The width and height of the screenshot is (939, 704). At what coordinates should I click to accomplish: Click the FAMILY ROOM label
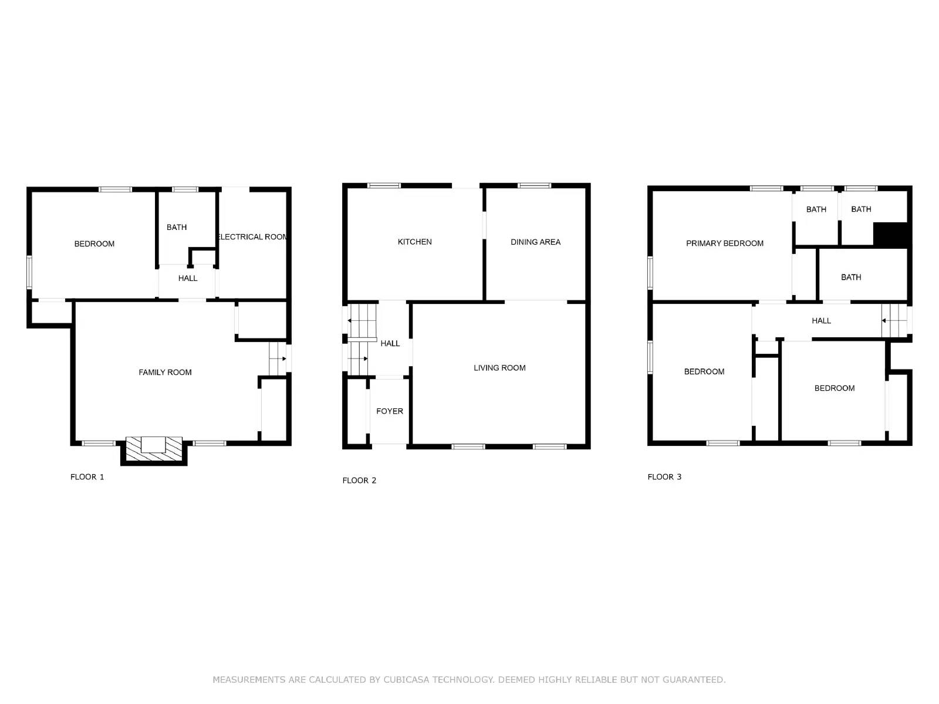(x=165, y=372)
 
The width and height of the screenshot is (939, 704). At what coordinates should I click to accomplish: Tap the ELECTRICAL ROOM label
(x=252, y=236)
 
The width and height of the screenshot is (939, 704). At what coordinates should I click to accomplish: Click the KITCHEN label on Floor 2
(x=414, y=242)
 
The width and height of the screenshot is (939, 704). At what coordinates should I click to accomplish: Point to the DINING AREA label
(x=535, y=242)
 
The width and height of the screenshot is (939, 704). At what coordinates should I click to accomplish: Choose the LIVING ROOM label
(x=499, y=368)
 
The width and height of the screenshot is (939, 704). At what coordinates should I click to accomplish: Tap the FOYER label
(x=390, y=411)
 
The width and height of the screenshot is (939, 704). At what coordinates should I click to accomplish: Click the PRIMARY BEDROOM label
(x=725, y=243)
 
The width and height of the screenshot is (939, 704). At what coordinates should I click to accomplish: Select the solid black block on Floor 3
(x=891, y=234)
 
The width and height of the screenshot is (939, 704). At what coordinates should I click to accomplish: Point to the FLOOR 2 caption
(x=359, y=480)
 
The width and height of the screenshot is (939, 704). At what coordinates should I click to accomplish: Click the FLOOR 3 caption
(x=664, y=477)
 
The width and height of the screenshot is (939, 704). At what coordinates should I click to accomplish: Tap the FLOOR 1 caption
(x=87, y=477)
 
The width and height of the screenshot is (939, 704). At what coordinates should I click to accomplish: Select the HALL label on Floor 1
(x=188, y=278)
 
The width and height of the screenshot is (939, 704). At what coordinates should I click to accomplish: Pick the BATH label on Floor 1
(x=177, y=227)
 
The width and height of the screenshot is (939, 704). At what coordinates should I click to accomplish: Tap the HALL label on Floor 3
(x=821, y=320)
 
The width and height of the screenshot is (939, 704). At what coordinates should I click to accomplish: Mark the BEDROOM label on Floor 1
(x=94, y=243)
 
